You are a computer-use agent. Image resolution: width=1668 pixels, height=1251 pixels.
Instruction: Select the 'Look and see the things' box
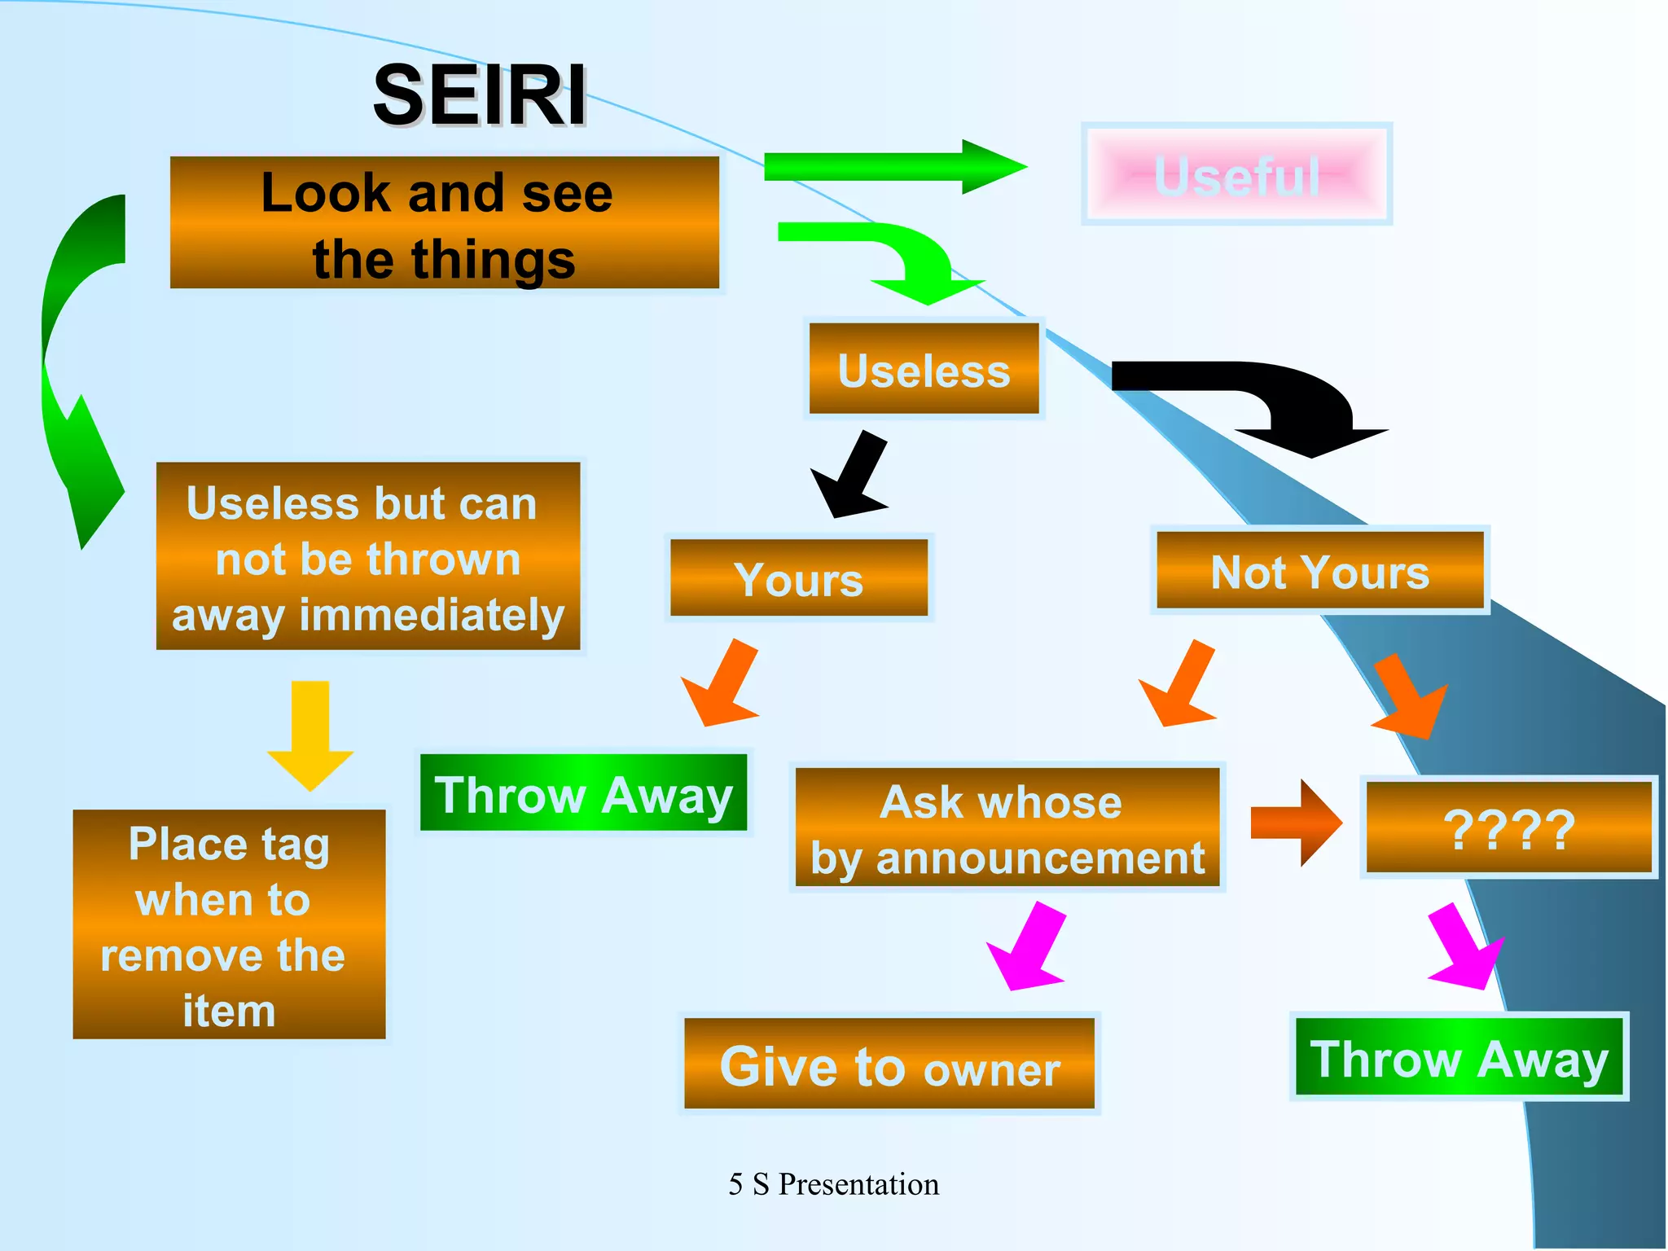click(444, 223)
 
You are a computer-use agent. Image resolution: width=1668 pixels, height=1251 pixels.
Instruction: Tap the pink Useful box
click(1236, 174)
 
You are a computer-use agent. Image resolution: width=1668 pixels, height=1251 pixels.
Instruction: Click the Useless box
click(924, 369)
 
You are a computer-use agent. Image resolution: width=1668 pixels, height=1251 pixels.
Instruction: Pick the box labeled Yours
click(798, 578)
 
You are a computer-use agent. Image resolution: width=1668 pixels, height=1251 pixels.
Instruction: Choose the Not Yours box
click(1319, 570)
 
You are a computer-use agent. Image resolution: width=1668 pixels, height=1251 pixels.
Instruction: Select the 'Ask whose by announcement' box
click(1007, 827)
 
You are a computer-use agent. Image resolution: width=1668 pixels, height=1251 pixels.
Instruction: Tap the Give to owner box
click(889, 1064)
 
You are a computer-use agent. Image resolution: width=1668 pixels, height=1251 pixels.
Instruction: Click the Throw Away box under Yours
click(583, 793)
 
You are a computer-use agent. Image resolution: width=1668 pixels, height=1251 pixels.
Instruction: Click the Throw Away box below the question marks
click(1459, 1057)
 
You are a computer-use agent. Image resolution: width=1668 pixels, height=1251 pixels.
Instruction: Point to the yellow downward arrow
click(310, 733)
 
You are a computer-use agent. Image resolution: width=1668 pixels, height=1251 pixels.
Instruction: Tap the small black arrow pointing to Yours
click(851, 476)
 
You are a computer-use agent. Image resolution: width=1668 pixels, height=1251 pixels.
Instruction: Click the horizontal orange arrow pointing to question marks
click(1295, 823)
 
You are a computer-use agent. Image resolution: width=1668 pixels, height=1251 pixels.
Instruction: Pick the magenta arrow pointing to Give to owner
click(1028, 949)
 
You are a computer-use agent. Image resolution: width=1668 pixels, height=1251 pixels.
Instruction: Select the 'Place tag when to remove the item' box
click(229, 924)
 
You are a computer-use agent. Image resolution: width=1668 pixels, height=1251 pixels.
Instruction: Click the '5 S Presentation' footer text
click(833, 1184)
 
